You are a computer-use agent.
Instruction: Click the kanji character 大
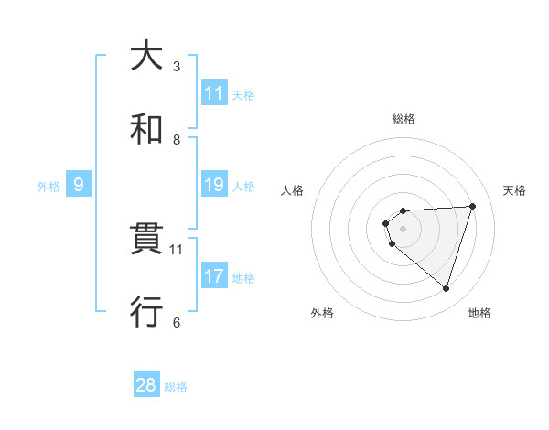(x=145, y=56)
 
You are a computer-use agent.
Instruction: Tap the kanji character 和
(x=145, y=128)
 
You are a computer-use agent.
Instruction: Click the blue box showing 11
(x=213, y=93)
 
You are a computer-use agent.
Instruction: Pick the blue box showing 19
(x=213, y=185)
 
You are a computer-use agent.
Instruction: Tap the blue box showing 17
(x=213, y=276)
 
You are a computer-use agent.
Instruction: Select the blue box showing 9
(x=79, y=185)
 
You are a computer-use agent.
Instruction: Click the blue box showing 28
(x=146, y=385)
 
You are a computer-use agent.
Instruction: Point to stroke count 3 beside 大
(x=177, y=67)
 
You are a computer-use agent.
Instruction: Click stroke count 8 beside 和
(x=177, y=139)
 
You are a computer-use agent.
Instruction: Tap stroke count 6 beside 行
(x=177, y=322)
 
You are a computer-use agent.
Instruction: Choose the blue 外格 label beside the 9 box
(x=48, y=187)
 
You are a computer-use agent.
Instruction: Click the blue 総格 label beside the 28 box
(x=176, y=387)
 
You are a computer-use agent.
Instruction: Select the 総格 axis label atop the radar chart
(x=404, y=119)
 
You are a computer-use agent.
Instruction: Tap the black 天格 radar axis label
(x=515, y=190)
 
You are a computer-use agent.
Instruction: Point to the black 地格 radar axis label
(x=479, y=314)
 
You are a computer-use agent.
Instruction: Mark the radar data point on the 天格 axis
(x=472, y=206)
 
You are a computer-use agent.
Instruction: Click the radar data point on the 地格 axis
(x=446, y=288)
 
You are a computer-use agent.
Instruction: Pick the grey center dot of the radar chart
(x=404, y=228)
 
